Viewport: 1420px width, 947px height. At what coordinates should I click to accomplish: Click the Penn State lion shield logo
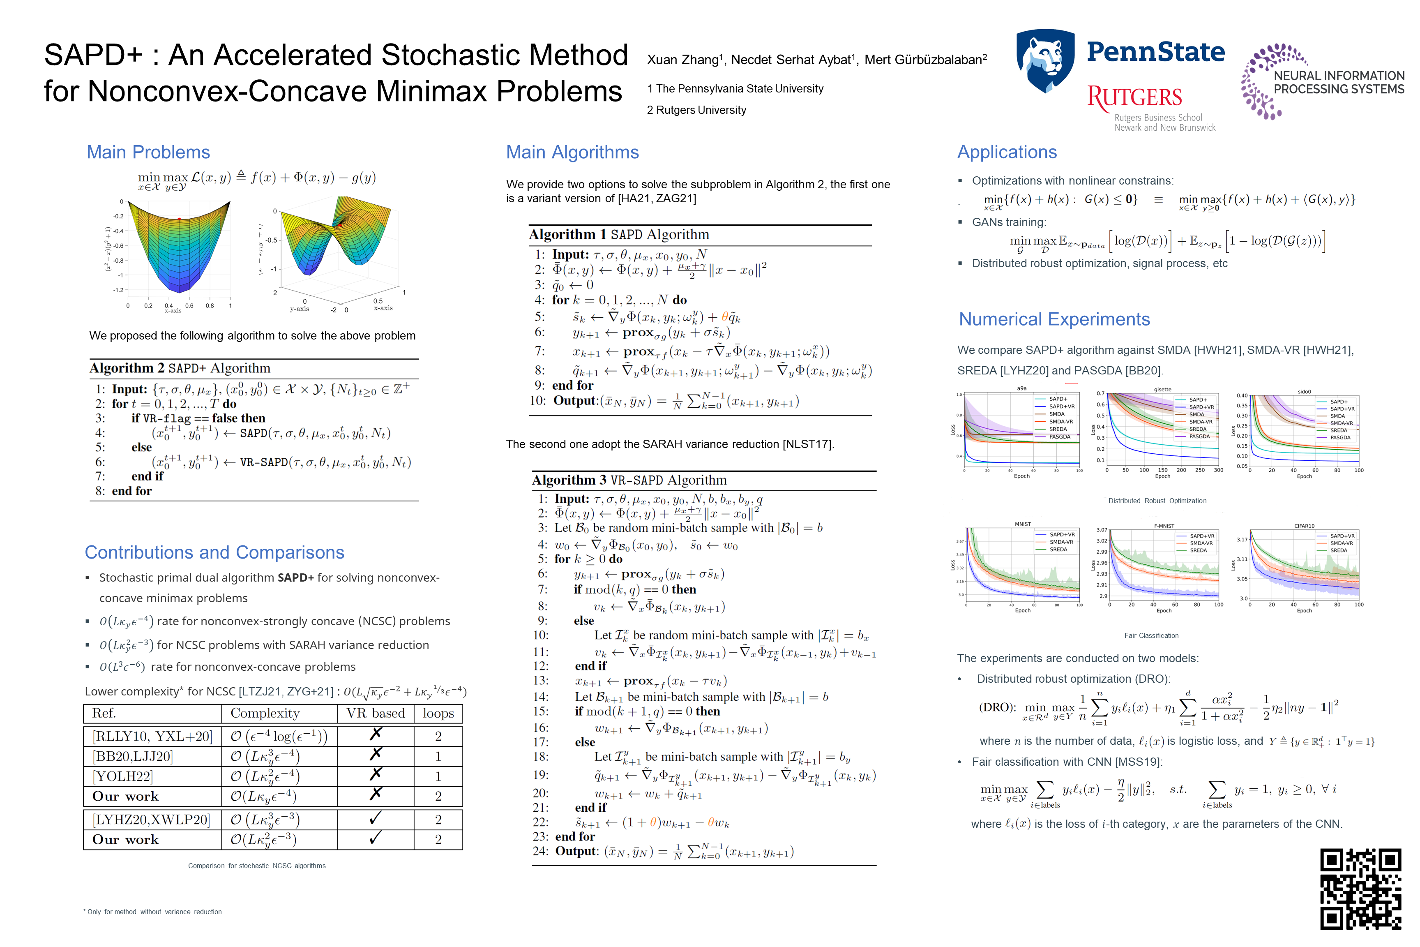coord(1045,60)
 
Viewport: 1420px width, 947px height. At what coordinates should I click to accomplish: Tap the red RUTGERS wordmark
coord(1134,97)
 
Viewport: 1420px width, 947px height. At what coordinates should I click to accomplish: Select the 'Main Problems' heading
coord(148,152)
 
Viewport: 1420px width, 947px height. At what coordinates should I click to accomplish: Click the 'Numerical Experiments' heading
coord(1054,319)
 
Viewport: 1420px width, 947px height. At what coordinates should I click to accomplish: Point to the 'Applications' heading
coord(1007,152)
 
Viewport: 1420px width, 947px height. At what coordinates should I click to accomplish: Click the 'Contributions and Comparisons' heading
coord(214,552)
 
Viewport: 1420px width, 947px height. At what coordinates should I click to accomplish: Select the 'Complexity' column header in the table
coord(265,713)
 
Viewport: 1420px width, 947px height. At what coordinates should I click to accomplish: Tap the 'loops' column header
coord(438,713)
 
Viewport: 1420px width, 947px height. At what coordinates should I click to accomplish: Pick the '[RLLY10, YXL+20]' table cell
coord(152,736)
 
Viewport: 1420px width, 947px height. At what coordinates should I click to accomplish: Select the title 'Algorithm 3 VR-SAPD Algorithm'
coord(629,480)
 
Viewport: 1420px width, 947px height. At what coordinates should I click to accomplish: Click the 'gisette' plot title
coord(1162,390)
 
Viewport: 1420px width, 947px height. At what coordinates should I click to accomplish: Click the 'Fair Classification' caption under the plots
coord(1151,635)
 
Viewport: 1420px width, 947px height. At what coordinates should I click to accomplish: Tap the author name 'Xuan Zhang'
coord(682,60)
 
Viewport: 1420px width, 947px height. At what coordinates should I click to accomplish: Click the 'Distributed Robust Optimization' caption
coord(1157,501)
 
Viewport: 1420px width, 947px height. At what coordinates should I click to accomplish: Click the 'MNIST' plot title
coord(1022,524)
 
